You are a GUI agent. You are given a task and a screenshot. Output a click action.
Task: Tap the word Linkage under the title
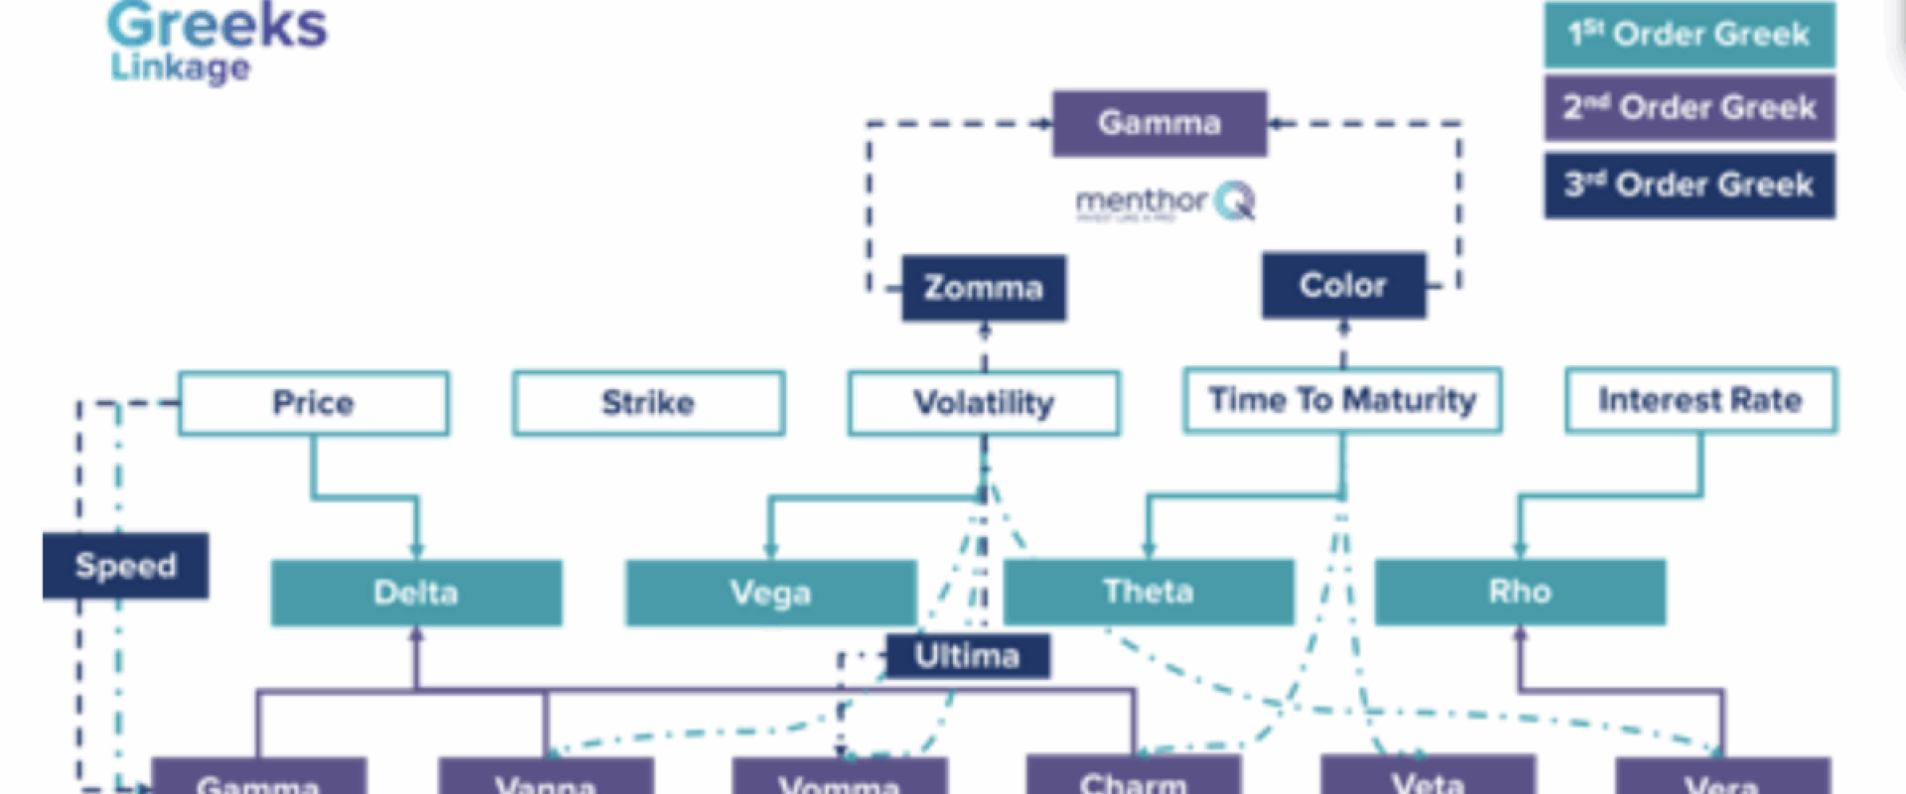tap(180, 67)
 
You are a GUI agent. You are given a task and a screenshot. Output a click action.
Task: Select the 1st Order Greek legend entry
tap(1689, 35)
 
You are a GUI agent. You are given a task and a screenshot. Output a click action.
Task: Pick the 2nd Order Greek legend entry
tap(1689, 107)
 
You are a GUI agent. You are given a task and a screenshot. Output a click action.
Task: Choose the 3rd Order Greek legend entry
tap(1689, 185)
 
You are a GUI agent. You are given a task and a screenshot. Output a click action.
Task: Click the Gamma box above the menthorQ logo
tap(1159, 123)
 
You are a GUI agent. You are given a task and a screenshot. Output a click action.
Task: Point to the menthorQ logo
tap(1165, 201)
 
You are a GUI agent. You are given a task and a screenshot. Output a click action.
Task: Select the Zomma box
tap(984, 288)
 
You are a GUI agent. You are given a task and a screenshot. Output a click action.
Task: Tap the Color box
tap(1343, 286)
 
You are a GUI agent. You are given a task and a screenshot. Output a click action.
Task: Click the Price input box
tap(314, 403)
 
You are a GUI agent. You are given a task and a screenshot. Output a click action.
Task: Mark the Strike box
tap(648, 403)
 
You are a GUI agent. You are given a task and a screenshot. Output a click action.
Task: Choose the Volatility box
tap(984, 403)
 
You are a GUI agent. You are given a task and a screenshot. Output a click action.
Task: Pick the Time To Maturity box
tap(1342, 400)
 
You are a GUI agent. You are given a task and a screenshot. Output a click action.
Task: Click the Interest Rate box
tap(1701, 400)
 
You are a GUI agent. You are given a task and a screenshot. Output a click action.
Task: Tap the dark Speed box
tap(125, 566)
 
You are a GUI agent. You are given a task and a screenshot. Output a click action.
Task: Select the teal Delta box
tap(416, 593)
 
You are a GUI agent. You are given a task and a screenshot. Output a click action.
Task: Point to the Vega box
tap(770, 593)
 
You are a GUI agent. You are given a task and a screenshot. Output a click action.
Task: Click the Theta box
tap(1149, 592)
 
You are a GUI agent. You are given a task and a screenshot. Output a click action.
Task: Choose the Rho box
tap(1520, 592)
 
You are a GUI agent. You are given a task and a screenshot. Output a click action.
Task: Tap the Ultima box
tap(967, 656)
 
